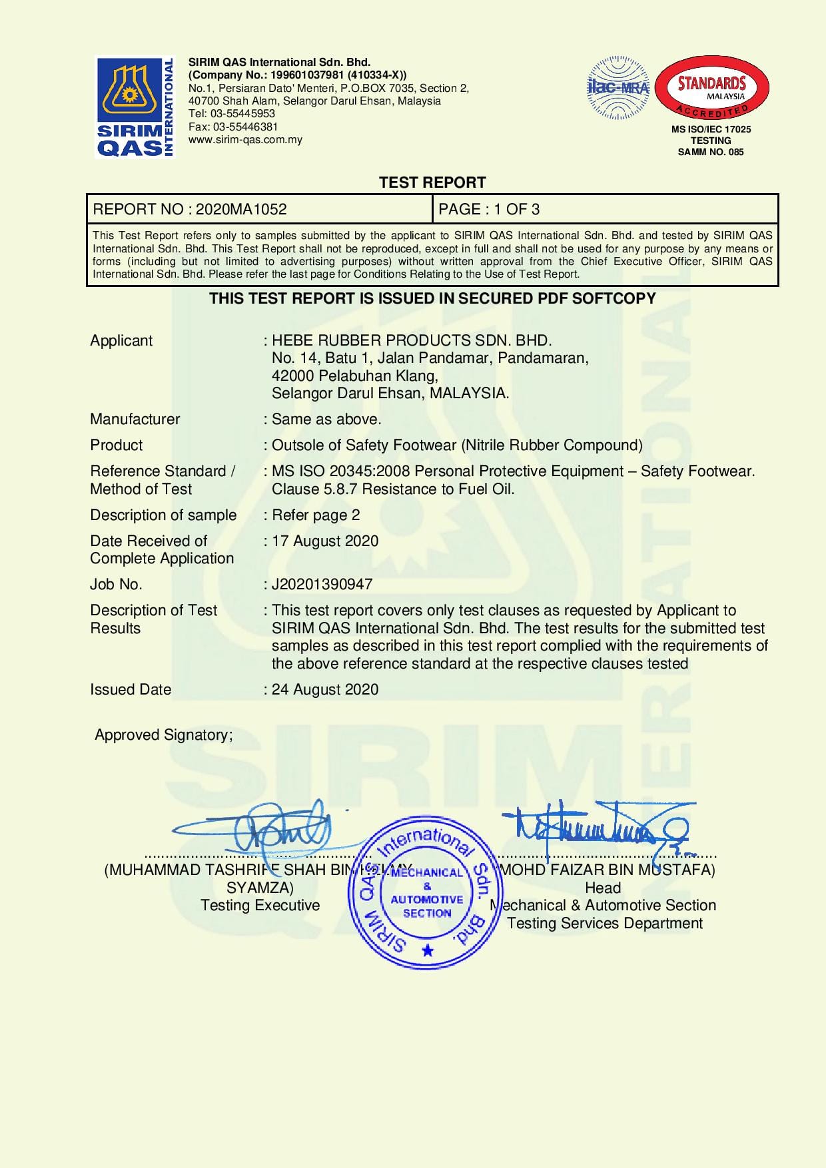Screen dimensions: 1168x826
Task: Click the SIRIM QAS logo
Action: pyautogui.click(x=135, y=107)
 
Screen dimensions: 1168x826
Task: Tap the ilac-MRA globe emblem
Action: pyautogui.click(x=618, y=88)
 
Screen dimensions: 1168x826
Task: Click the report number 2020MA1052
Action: pyautogui.click(x=241, y=209)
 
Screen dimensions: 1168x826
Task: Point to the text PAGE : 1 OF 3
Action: pyautogui.click(x=489, y=209)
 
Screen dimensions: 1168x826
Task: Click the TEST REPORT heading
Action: pyautogui.click(x=432, y=182)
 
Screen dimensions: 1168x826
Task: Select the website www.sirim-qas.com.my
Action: pyautogui.click(x=245, y=139)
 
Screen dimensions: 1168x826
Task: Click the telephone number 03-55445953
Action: pyautogui.click(x=243, y=114)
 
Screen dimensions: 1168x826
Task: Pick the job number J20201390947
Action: pyautogui.click(x=322, y=584)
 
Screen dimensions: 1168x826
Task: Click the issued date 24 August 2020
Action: pyautogui.click(x=325, y=689)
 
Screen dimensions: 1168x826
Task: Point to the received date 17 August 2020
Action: pyautogui.click(x=325, y=541)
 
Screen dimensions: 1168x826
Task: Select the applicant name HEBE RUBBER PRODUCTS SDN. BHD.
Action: pyautogui.click(x=412, y=340)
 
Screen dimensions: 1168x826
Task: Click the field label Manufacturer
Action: pyautogui.click(x=135, y=419)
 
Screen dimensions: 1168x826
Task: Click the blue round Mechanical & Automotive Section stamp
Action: pyautogui.click(x=426, y=892)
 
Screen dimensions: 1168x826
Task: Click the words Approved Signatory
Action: pyautogui.click(x=163, y=734)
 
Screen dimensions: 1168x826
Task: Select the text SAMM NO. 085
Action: pyautogui.click(x=711, y=152)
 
